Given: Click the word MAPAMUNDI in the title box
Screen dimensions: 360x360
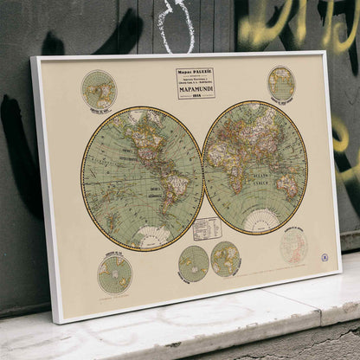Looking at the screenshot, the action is point(196,88).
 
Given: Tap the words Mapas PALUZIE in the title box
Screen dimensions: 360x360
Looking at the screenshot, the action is point(196,72).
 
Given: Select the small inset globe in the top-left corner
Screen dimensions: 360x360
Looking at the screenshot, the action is point(99,89).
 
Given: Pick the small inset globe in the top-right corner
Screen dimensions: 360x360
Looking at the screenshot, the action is point(281,83).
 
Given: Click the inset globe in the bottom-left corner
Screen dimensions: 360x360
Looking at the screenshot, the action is point(115,273).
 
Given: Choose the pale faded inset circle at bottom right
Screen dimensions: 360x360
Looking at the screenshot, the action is point(293,245).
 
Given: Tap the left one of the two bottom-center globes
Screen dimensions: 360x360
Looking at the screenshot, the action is point(193,263).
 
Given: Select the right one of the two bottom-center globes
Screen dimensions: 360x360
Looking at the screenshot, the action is point(226,258).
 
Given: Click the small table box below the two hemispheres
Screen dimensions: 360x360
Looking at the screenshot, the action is point(207,228).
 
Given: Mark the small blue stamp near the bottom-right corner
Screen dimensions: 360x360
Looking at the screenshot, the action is point(325,257).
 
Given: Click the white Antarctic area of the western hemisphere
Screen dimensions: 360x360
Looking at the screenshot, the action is point(154,236).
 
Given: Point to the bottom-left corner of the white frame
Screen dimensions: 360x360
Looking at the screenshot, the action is point(59,320).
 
